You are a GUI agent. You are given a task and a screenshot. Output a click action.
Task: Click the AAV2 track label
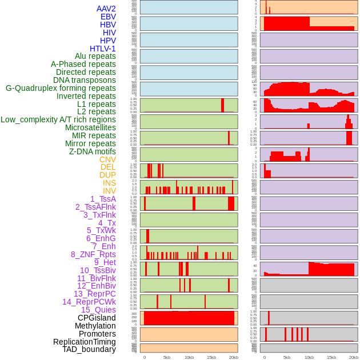pyautogui.click(x=106, y=9)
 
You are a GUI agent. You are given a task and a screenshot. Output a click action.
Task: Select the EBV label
pyautogui.click(x=108, y=17)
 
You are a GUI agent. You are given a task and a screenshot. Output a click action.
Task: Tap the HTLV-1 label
pyautogui.click(x=103, y=49)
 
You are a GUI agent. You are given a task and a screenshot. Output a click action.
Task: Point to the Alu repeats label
pyautogui.click(x=95, y=56)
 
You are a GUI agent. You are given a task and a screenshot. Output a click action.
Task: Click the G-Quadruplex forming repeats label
pyautogui.click(x=61, y=88)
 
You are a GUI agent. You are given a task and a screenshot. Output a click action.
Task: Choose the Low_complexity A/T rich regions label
pyautogui.click(x=58, y=119)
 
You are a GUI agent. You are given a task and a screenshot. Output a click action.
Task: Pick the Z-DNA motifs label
pyautogui.click(x=93, y=151)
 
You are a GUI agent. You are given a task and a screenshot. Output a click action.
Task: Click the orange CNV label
pyautogui.click(x=107, y=159)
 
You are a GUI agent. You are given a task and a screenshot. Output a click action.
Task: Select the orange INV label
pyautogui.click(x=109, y=191)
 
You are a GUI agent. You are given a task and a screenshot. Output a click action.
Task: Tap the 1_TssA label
pyautogui.click(x=103, y=199)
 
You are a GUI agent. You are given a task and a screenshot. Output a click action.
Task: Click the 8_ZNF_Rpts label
pyautogui.click(x=93, y=254)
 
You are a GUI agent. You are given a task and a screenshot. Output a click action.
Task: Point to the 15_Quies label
pyautogui.click(x=98, y=310)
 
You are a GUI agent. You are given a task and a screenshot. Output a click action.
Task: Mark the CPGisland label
pyautogui.click(x=97, y=318)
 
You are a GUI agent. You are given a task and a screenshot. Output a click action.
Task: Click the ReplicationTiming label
pyautogui.click(x=85, y=342)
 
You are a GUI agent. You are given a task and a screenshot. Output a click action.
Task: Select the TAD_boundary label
pyautogui.click(x=89, y=349)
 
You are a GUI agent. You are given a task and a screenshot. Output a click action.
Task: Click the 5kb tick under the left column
pyautogui.click(x=167, y=357)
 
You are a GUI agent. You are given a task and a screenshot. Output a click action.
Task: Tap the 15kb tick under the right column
pyautogui.click(x=331, y=357)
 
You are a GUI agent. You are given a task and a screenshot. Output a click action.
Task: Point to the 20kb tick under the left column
pyautogui.click(x=233, y=357)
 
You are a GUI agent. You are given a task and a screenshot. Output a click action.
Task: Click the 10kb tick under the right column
pyautogui.click(x=309, y=357)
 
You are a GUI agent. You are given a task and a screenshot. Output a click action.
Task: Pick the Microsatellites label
pyautogui.click(x=90, y=127)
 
